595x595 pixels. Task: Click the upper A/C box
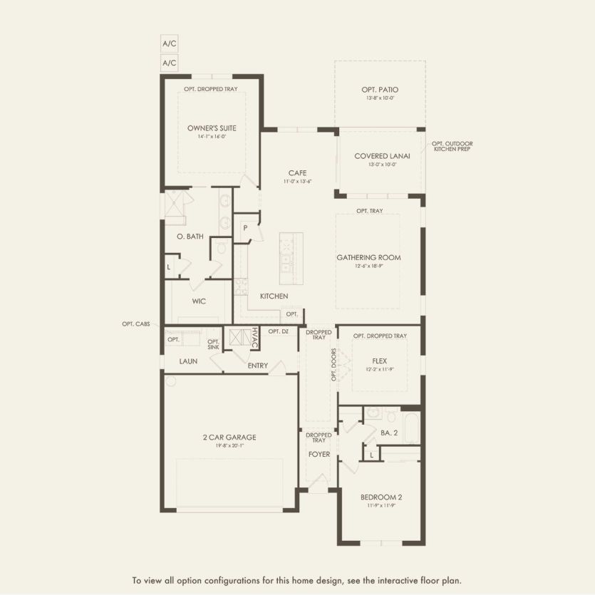click(x=170, y=43)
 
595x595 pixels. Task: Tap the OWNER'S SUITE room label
click(x=212, y=128)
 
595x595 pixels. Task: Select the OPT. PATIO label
click(x=380, y=90)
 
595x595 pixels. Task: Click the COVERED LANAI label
click(x=381, y=156)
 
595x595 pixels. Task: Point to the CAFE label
click(x=297, y=173)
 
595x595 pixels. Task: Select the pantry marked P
click(x=245, y=228)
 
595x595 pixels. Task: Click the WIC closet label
click(x=199, y=301)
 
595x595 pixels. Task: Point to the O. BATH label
click(x=190, y=237)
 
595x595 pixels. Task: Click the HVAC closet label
click(x=254, y=338)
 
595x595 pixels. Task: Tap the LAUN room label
click(x=188, y=361)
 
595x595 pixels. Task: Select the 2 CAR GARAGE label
click(x=229, y=437)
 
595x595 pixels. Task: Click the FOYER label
click(x=319, y=454)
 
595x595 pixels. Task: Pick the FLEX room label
click(x=379, y=361)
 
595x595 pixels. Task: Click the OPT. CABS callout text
click(x=135, y=324)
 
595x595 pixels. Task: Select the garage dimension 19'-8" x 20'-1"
click(x=229, y=445)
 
